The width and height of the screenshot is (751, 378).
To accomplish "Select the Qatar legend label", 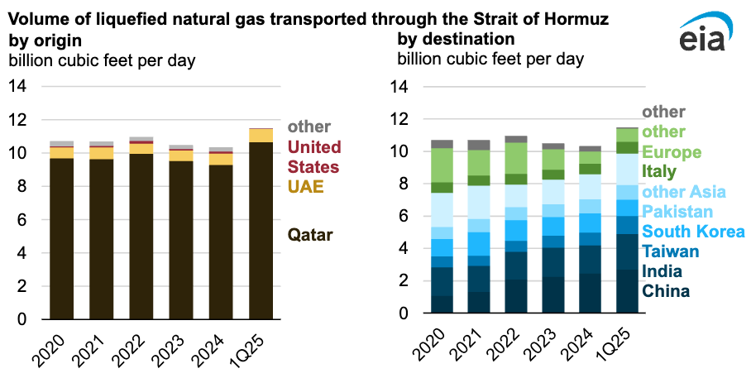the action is click(x=310, y=235).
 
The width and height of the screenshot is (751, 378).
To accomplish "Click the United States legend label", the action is click(x=314, y=156).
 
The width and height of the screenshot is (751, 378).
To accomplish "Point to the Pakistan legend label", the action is click(x=677, y=211).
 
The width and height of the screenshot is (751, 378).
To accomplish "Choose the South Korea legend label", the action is click(x=694, y=232).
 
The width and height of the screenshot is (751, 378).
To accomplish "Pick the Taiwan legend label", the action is click(x=671, y=251).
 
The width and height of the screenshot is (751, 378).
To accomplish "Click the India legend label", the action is click(x=662, y=271).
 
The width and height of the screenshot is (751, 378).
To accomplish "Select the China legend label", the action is click(x=666, y=291).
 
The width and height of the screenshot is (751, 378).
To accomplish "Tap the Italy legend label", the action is click(x=659, y=171).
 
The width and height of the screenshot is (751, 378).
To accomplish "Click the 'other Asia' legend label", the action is click(x=684, y=192).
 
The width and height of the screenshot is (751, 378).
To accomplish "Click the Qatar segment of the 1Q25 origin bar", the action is click(x=261, y=231).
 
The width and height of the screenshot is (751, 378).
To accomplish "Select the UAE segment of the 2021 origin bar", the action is click(x=102, y=153).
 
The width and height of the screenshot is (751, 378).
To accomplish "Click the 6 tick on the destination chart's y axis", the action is click(x=403, y=216).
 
